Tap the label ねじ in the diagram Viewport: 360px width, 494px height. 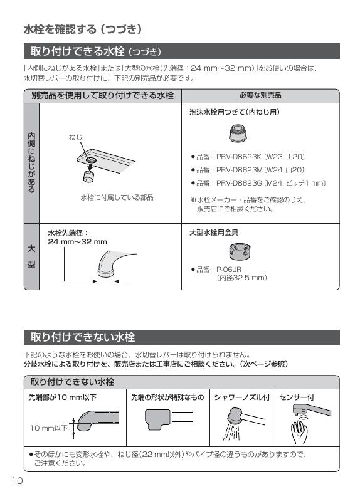pos(75,137)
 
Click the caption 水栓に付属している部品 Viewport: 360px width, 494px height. pos(117,197)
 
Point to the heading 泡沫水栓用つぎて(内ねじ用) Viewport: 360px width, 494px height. pos(235,112)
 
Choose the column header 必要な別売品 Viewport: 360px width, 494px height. pos(260,96)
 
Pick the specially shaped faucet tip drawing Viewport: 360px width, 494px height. pos(166,418)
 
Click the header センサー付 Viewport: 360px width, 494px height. pos(297,397)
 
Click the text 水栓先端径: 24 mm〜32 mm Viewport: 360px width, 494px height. pos(77,237)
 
